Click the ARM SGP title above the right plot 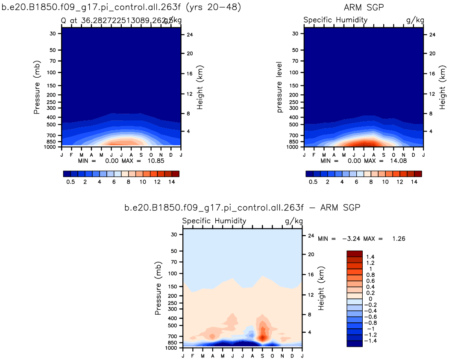[x=363, y=7]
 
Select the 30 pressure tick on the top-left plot [x=53, y=33]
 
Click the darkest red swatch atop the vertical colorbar [x=354, y=254]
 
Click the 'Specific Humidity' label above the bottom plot [x=214, y=221]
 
